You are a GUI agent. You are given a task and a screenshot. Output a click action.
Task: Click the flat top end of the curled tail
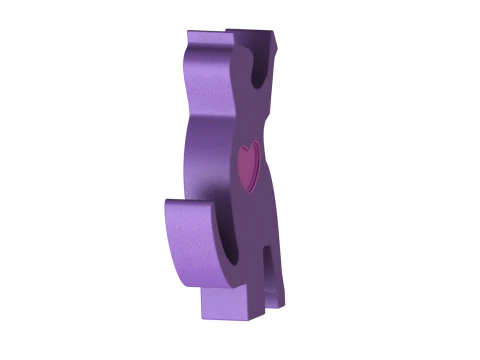(x=188, y=204)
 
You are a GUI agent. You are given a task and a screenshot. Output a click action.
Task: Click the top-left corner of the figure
(x=189, y=36)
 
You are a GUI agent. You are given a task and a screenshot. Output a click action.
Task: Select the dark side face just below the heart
(x=256, y=210)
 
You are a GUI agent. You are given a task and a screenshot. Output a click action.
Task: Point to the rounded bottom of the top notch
(x=260, y=80)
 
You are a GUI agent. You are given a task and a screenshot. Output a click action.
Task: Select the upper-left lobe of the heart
(x=243, y=152)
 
